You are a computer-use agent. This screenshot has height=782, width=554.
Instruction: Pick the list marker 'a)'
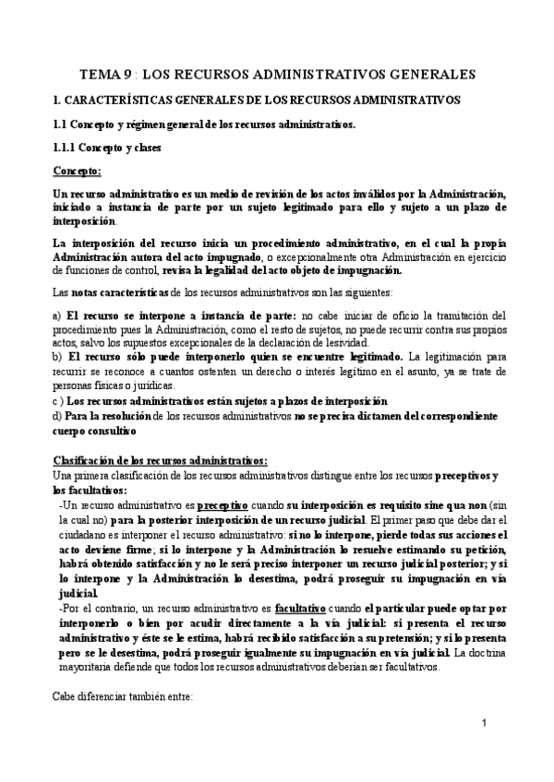coord(57,316)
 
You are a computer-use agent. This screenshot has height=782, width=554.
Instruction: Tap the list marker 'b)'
coord(58,356)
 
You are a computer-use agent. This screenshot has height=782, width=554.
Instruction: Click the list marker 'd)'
coord(58,418)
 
